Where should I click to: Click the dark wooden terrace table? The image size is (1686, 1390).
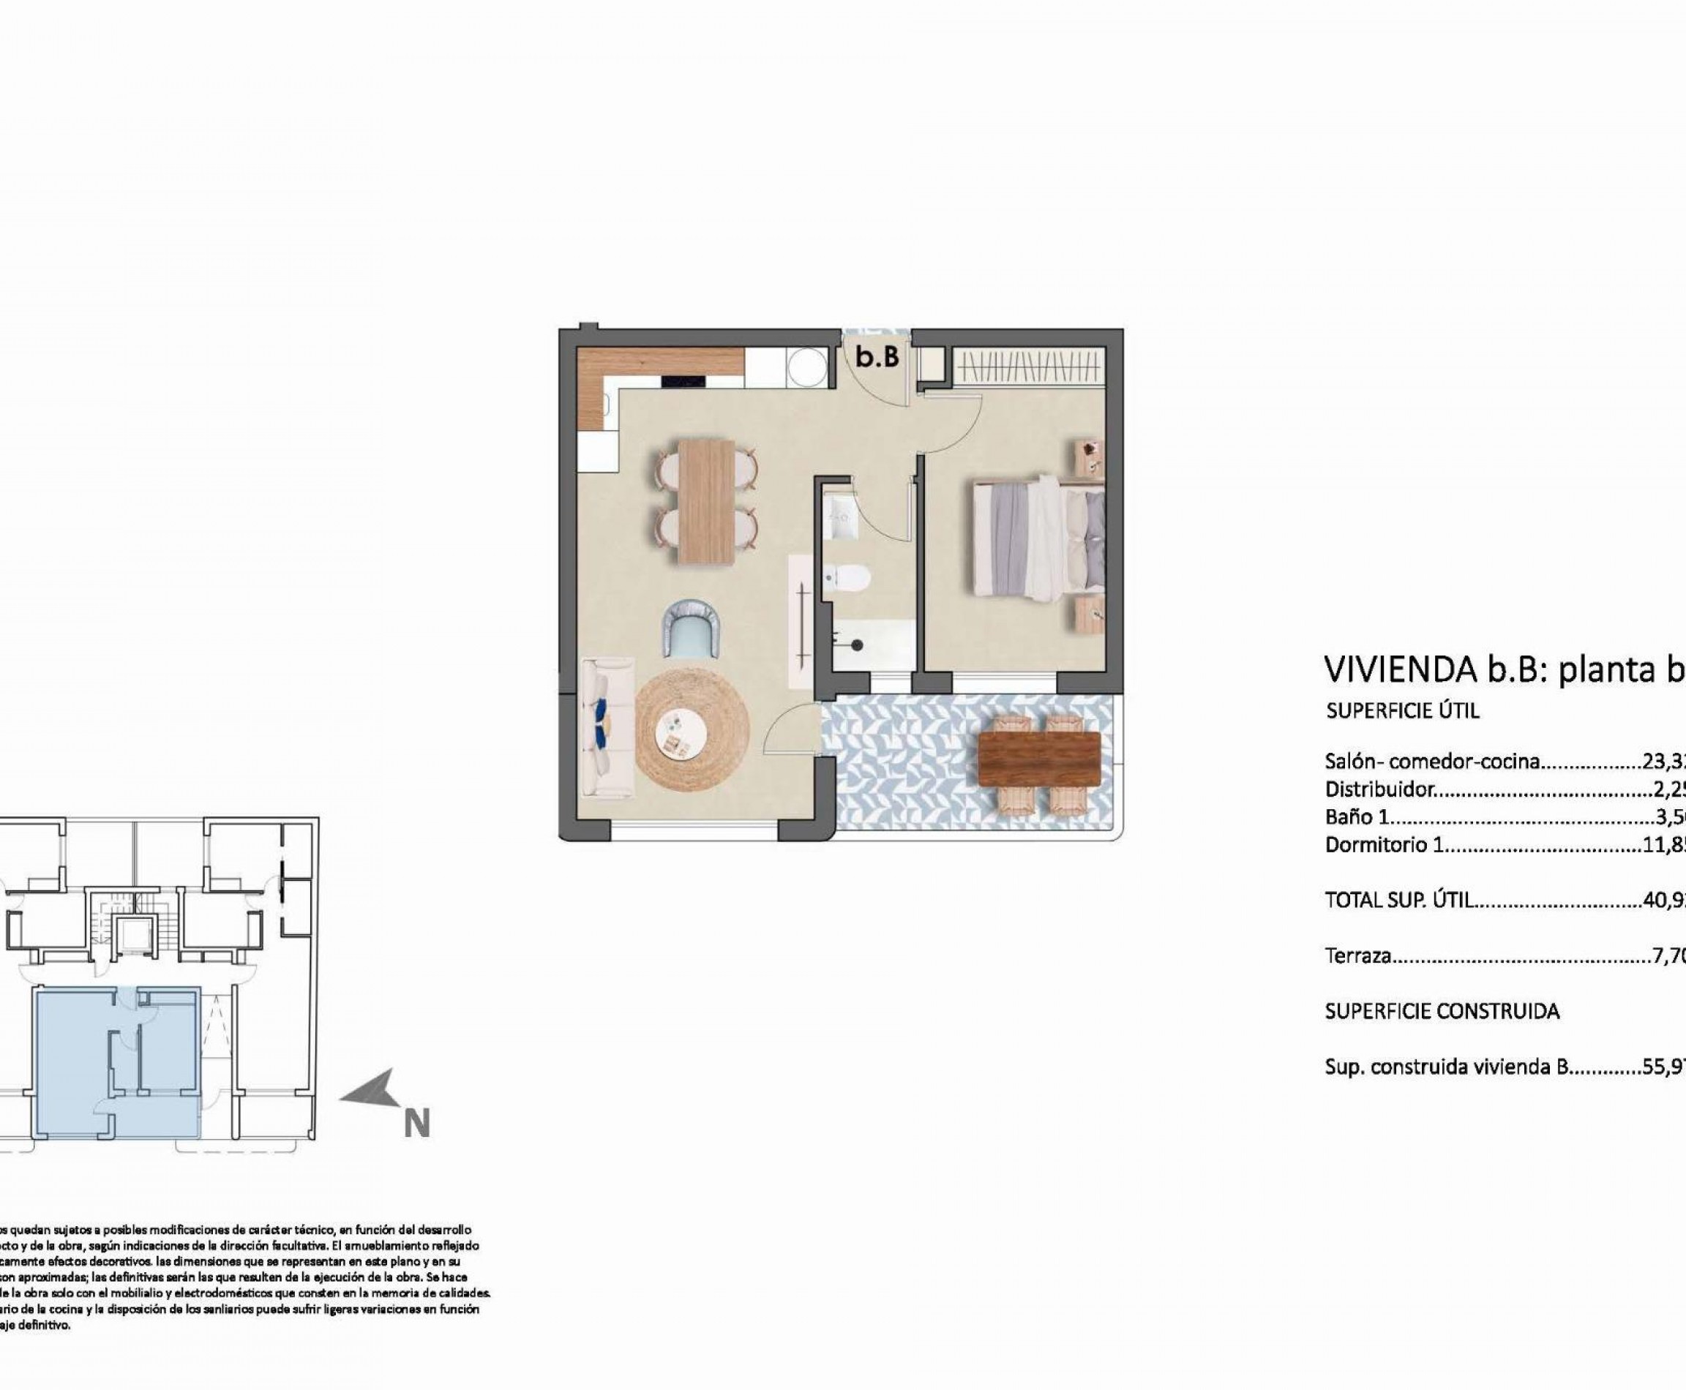(x=1040, y=758)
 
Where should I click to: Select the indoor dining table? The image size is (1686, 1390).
(x=706, y=501)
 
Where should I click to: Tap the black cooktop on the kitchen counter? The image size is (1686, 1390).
(x=683, y=383)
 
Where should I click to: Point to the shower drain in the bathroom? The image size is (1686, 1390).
(x=856, y=644)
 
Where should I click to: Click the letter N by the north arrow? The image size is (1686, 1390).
(x=416, y=1124)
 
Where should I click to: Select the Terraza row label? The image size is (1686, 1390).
(x=1358, y=955)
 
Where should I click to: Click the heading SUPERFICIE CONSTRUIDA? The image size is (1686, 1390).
(x=1442, y=1011)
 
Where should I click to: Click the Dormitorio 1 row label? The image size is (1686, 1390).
(x=1384, y=844)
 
